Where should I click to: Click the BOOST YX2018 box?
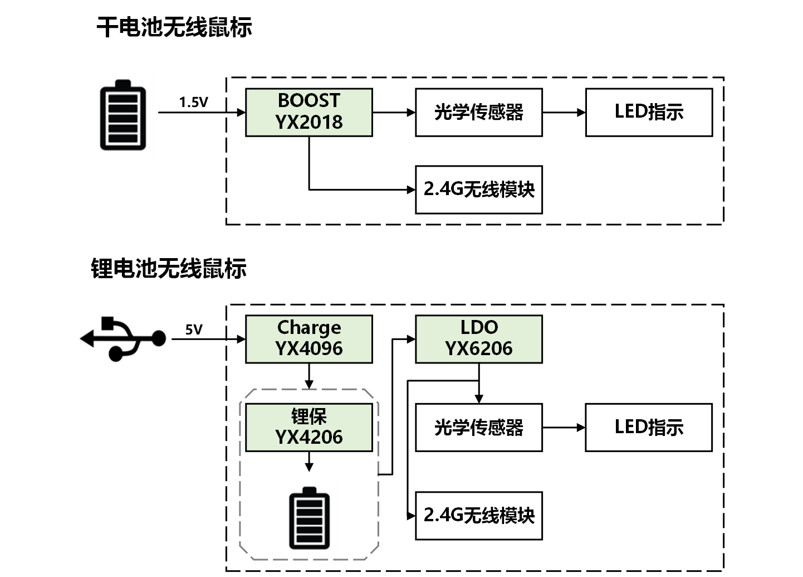(309, 112)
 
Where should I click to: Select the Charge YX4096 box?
(309, 339)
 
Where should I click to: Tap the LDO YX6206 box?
(479, 339)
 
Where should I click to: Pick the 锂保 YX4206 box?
(309, 427)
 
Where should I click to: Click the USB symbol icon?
(124, 338)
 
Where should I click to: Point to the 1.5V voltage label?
(193, 102)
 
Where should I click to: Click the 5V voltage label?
(194, 329)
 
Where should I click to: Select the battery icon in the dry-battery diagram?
(123, 115)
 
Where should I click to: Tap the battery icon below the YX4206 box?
(309, 518)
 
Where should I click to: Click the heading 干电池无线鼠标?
(174, 27)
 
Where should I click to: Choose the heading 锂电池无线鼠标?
(169, 268)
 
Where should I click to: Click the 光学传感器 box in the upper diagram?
(479, 112)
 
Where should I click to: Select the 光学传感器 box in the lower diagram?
(479, 427)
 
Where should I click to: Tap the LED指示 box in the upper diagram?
(649, 112)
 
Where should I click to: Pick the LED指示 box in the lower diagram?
(649, 427)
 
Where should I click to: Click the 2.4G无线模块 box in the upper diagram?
(479, 190)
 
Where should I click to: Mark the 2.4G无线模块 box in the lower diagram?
(479, 515)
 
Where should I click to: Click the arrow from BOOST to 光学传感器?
(394, 112)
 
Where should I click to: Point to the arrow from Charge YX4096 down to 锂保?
(309, 376)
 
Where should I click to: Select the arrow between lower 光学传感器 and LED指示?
(564, 428)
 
